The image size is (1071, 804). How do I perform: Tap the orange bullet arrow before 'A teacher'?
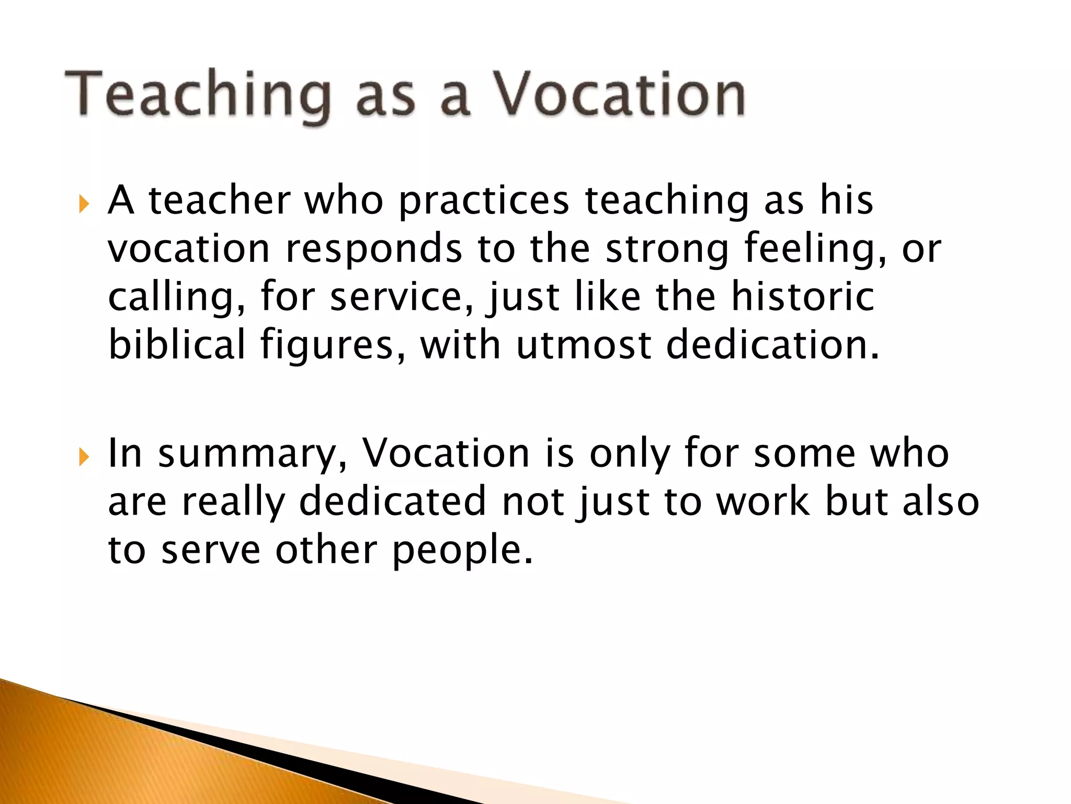(x=84, y=204)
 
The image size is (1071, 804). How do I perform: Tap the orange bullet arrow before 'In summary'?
(x=84, y=457)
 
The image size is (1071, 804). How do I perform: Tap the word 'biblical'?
(x=177, y=345)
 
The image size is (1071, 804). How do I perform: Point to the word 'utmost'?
(x=584, y=345)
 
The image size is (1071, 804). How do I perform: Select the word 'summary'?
(x=253, y=454)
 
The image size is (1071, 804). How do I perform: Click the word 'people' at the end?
(x=463, y=550)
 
